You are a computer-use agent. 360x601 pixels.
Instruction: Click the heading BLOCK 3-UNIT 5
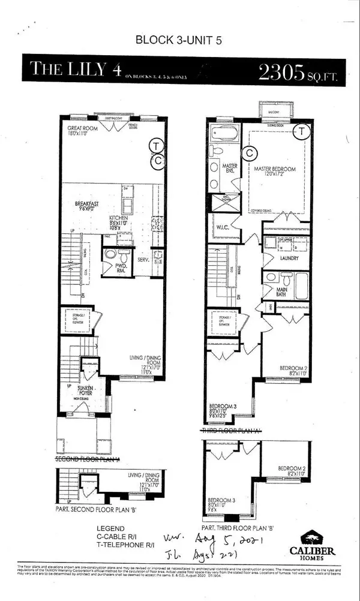179,42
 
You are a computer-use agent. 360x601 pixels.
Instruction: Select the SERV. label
143,260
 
